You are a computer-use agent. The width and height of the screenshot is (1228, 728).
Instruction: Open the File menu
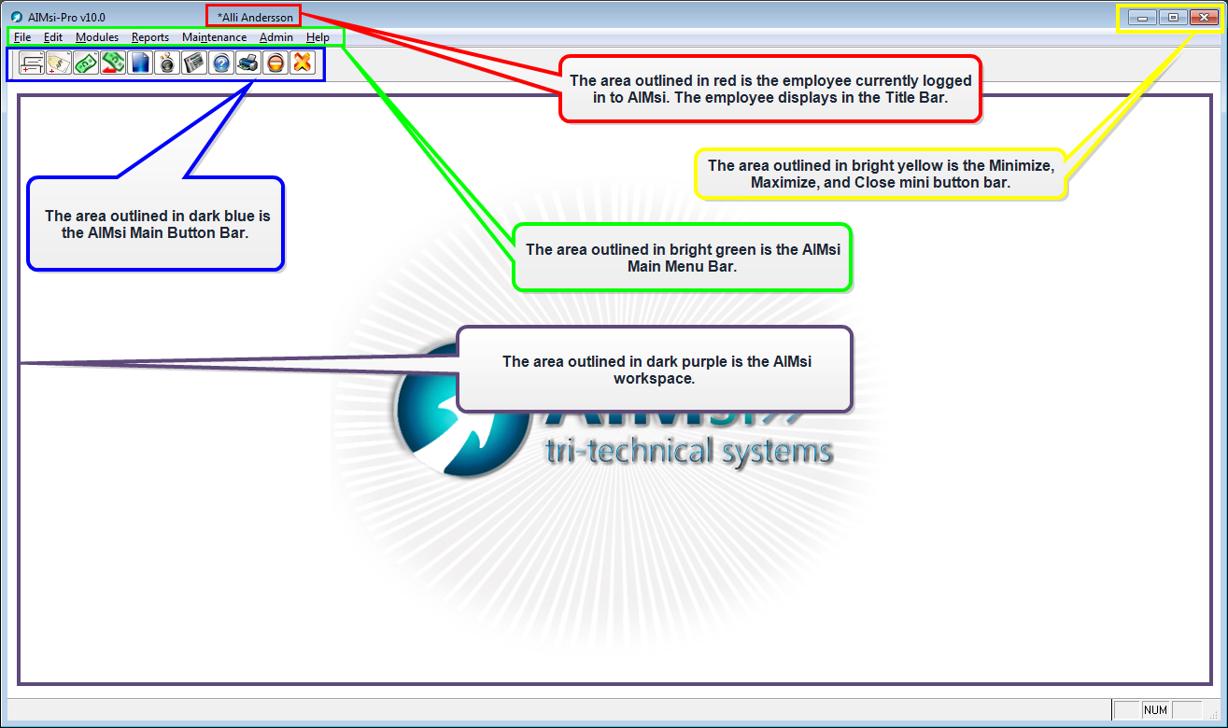21,37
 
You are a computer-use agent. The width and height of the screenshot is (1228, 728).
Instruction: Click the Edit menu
52,37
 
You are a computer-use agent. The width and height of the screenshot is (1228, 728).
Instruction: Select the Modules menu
97,37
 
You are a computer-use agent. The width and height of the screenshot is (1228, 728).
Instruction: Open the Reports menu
149,37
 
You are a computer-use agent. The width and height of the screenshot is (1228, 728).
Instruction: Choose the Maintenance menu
215,37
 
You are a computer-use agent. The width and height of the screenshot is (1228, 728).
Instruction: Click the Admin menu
275,37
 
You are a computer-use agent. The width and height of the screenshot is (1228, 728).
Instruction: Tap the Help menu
318,37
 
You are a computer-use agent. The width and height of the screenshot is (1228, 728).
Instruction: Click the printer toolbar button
247,63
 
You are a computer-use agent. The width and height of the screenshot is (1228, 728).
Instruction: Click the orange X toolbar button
302,63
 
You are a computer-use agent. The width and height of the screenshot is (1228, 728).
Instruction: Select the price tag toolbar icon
59,63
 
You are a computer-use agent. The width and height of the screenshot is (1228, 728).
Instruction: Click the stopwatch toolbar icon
166,63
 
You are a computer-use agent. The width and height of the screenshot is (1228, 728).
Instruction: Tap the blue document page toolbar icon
140,63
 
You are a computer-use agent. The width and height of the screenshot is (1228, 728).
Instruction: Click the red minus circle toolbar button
275,63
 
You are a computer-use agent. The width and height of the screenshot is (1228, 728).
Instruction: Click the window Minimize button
1142,18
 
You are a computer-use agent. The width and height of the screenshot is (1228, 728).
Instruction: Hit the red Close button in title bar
1204,18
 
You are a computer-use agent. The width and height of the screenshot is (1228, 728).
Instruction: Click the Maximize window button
1173,18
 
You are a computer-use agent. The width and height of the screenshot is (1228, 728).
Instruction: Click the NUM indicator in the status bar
1155,710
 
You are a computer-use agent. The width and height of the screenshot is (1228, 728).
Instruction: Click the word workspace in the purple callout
654,379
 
